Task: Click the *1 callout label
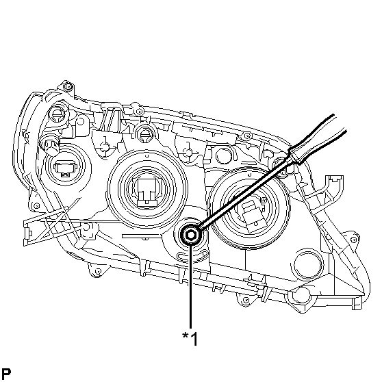point(190,338)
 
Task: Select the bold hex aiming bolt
point(190,235)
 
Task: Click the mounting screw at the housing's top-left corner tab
point(68,86)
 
